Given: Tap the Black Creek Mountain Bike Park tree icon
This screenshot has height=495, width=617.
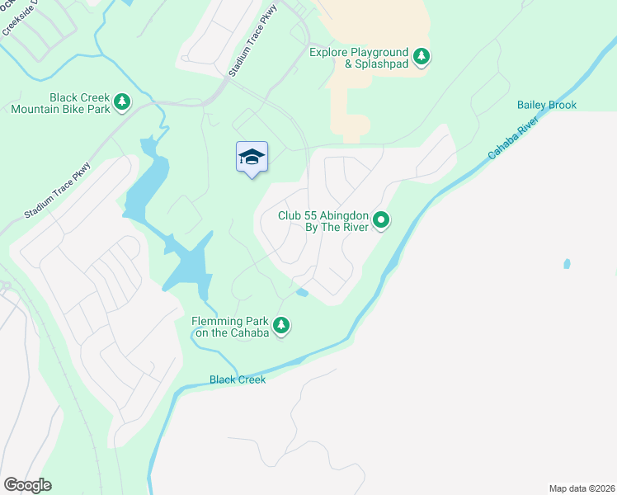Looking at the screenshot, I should coord(122,101).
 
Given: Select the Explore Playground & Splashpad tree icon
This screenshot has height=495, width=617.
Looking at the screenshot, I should coord(422,57).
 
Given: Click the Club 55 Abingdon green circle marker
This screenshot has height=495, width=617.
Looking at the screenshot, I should coord(381,220).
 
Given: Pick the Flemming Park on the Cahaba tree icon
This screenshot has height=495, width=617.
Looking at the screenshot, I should coord(282,326).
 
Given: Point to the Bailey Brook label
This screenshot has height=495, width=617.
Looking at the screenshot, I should coord(546,105).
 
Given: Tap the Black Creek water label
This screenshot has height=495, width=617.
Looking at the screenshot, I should coord(238,379).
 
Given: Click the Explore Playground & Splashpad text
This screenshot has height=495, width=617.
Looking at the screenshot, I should coord(359,58).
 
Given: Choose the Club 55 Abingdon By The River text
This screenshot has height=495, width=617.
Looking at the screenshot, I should coord(323,221).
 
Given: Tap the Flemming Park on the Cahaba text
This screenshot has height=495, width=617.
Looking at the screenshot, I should coord(230,327).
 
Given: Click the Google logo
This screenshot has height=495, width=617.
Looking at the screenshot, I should coord(27,485).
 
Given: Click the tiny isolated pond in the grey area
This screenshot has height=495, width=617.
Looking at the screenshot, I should coord(566,264).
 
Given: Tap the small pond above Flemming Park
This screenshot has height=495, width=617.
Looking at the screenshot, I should coord(302,292).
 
